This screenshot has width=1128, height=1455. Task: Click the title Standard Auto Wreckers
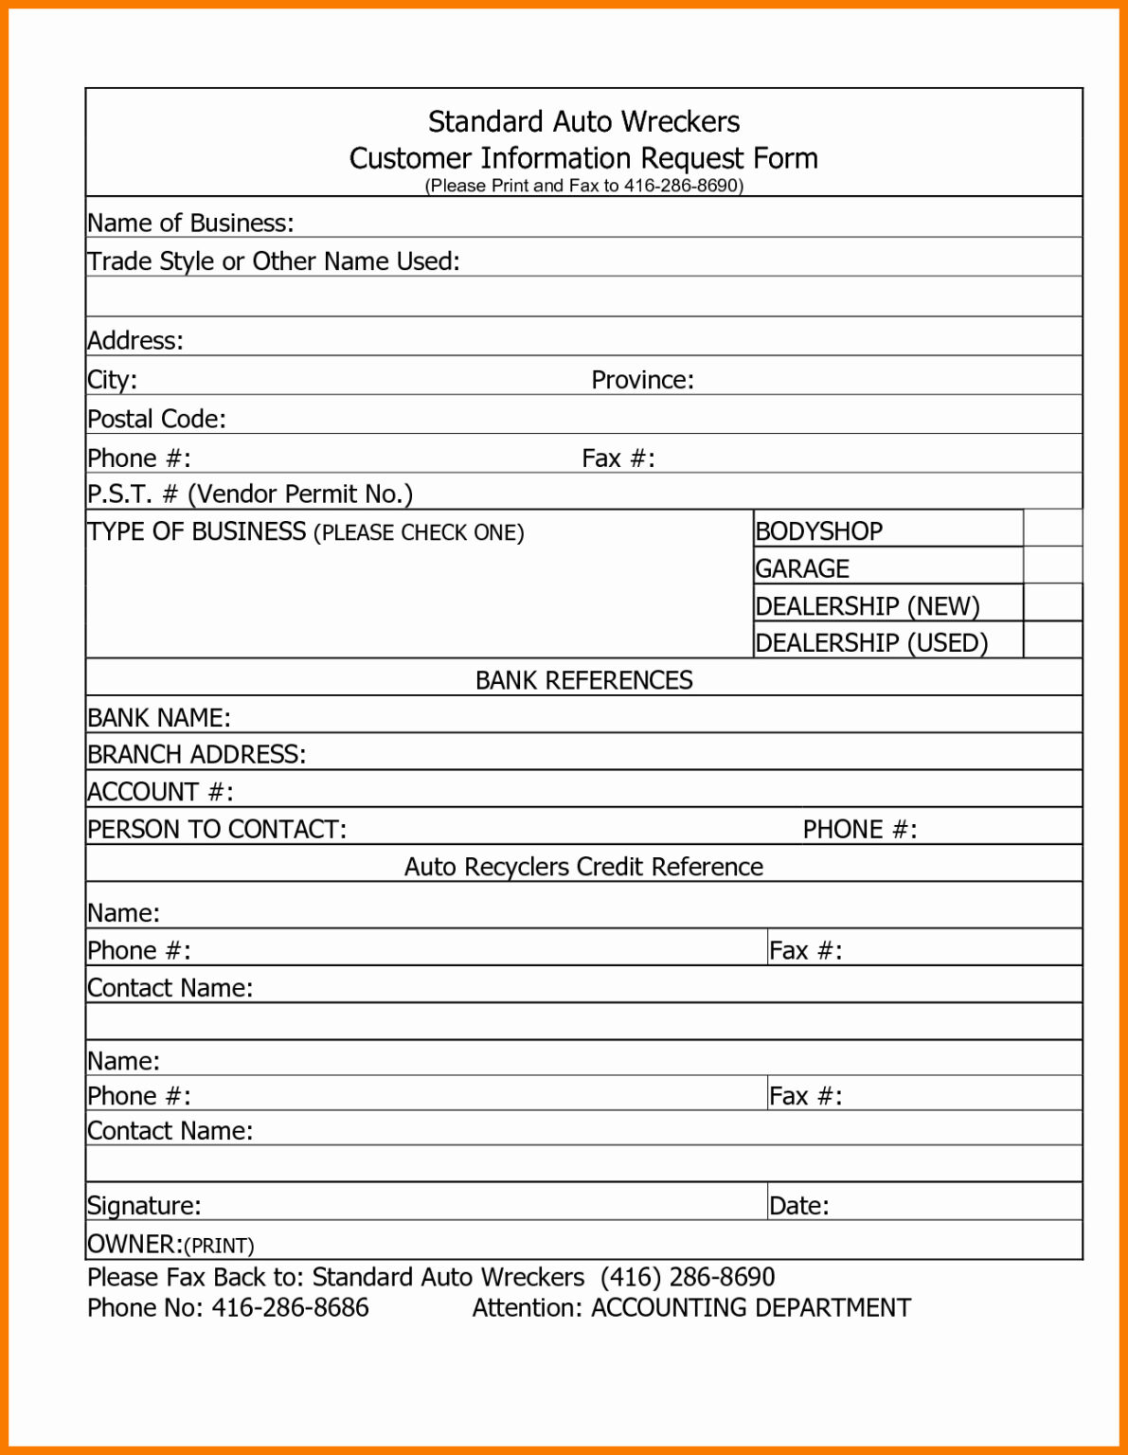(583, 122)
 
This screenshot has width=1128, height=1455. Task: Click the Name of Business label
(190, 223)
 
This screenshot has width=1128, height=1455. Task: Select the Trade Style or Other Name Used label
(273, 261)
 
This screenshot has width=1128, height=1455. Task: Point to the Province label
(642, 380)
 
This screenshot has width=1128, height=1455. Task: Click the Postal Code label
(156, 419)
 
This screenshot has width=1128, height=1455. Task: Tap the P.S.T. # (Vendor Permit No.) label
(250, 494)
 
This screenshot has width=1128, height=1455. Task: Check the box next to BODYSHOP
(1052, 528)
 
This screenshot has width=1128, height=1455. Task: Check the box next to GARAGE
(1052, 566)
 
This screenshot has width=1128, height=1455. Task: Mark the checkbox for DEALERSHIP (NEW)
(1052, 602)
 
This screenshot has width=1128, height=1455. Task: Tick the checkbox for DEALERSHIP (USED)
(1052, 640)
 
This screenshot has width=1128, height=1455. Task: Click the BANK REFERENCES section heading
(583, 680)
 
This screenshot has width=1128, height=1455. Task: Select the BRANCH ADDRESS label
(196, 754)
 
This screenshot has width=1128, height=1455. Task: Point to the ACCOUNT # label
(160, 792)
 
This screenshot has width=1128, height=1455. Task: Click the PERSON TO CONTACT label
(217, 829)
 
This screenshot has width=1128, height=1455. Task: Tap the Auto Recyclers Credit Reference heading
(583, 867)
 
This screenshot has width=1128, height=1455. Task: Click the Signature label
(144, 1205)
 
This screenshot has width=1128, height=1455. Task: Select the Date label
(798, 1205)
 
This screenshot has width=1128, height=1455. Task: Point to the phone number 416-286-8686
(290, 1308)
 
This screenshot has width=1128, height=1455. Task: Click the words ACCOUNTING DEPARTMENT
(750, 1308)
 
